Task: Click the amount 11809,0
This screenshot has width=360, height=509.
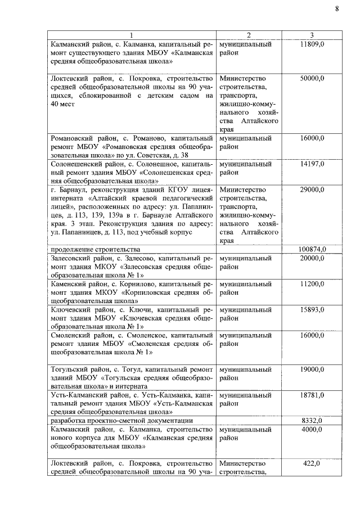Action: (312, 44)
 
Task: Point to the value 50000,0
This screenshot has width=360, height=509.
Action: (312, 78)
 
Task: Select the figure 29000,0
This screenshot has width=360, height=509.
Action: (312, 190)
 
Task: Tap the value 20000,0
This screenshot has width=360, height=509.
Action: (312, 258)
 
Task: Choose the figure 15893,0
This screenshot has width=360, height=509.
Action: (312, 310)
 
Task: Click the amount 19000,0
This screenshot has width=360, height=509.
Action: (312, 370)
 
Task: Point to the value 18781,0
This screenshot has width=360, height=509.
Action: (312, 395)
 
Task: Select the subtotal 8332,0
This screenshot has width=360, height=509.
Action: (312, 421)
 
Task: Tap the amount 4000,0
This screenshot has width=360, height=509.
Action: (312, 430)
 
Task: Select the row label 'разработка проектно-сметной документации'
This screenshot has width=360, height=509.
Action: (121, 421)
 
